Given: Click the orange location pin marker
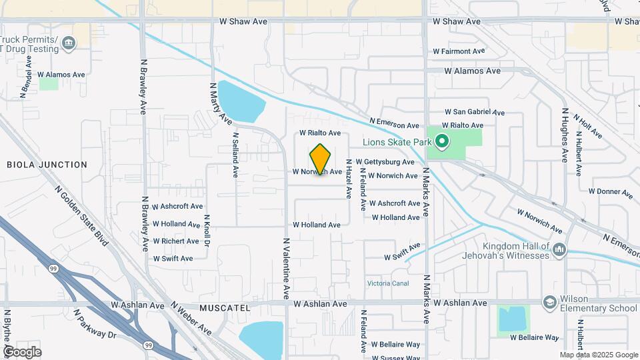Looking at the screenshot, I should (x=321, y=159).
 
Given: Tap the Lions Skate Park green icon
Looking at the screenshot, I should (x=441, y=141).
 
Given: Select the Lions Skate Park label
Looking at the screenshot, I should (x=398, y=142).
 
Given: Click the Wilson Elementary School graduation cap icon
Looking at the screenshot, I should (x=549, y=303).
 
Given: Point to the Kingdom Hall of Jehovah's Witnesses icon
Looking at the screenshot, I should (x=559, y=250).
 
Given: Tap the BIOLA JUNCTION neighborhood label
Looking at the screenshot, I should (x=47, y=165).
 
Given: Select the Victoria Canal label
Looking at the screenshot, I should (x=387, y=283).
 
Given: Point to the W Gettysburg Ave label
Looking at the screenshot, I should (x=385, y=162).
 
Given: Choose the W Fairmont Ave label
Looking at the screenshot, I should (x=459, y=51).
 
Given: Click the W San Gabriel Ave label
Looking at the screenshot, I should (x=475, y=113).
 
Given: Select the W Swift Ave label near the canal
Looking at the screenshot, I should (x=402, y=252).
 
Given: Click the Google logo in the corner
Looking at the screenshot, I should (x=22, y=352).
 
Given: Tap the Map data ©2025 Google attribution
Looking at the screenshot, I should (x=598, y=355).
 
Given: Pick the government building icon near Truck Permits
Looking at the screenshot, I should (x=69, y=45).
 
